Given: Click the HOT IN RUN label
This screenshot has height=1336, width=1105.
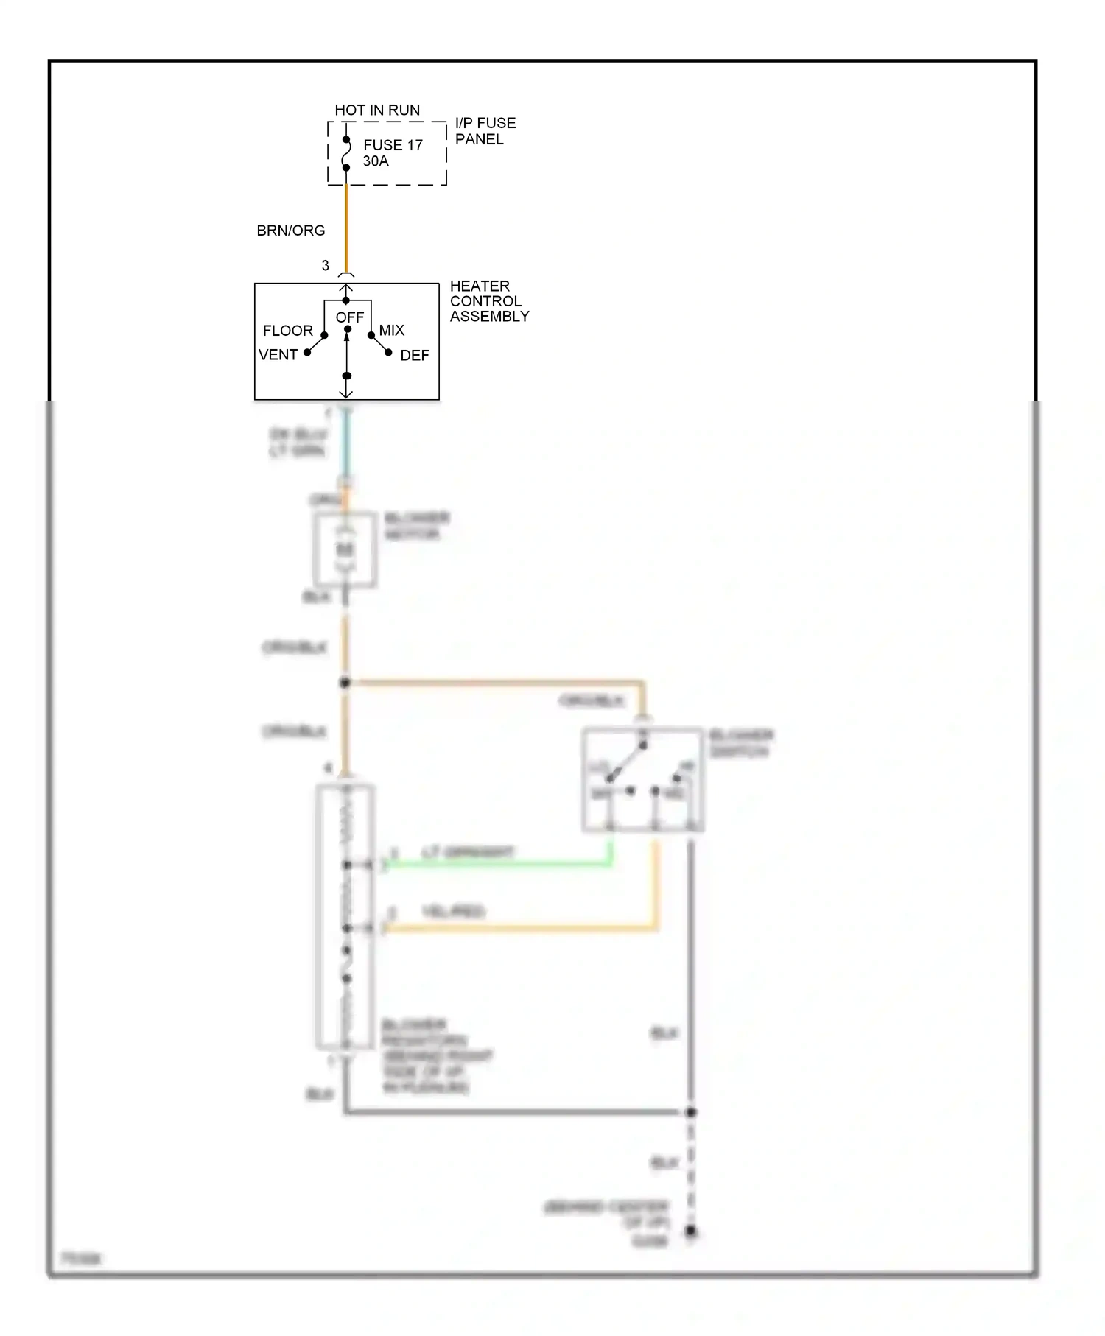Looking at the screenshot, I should [377, 110].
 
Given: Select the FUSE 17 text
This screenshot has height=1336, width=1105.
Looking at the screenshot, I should [393, 145].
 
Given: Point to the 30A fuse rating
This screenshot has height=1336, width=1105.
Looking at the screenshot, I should [376, 161].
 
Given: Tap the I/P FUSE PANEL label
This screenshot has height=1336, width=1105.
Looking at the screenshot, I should [485, 131].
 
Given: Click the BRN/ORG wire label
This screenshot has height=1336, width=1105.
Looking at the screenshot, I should [290, 231].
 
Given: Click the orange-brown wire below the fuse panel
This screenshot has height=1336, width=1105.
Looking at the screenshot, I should [346, 225].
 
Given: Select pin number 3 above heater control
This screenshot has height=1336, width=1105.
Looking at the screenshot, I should [326, 266].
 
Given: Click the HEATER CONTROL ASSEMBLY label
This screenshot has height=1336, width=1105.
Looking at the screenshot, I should [489, 301].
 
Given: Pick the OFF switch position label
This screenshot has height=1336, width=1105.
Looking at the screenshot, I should [350, 317].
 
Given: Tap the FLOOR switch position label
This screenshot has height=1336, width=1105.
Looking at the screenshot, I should [288, 331].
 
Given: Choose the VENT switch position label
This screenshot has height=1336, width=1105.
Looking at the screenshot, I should [278, 355].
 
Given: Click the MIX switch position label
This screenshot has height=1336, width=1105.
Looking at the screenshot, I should [392, 331].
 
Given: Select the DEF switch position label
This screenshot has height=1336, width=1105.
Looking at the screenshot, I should [414, 356].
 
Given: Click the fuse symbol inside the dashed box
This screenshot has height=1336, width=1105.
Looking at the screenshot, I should [346, 153].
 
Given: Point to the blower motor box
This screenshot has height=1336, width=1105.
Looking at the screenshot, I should [345, 550].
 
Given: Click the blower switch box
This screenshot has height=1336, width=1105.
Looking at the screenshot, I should [642, 780].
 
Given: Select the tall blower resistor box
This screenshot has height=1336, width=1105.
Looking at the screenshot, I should [345, 916].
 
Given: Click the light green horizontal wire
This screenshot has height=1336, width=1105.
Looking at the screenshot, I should [501, 863].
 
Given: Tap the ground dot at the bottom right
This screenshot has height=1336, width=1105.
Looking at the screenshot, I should [690, 1231].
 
